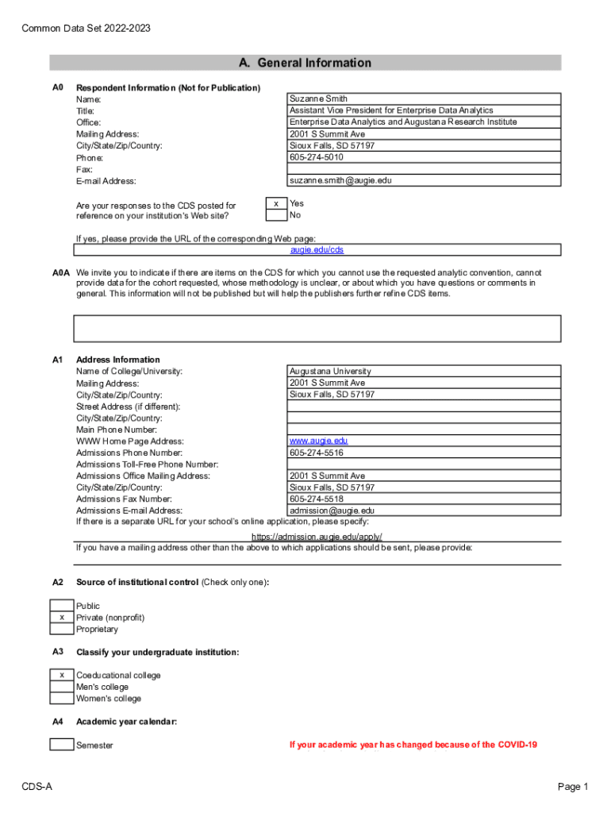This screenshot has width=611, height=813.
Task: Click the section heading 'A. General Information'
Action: point(305,63)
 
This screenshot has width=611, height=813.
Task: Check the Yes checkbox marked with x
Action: point(275,204)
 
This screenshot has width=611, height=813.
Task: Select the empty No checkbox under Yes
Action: point(275,215)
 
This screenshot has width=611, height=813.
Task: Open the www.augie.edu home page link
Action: point(318,441)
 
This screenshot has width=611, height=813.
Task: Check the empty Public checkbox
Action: point(61,606)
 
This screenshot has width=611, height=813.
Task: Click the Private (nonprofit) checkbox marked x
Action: point(61,618)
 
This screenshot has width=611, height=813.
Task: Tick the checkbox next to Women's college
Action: point(61,699)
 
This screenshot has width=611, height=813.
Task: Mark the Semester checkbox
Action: point(61,745)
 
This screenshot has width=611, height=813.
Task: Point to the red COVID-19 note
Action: point(413,745)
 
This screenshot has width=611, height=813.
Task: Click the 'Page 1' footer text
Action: point(573,787)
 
